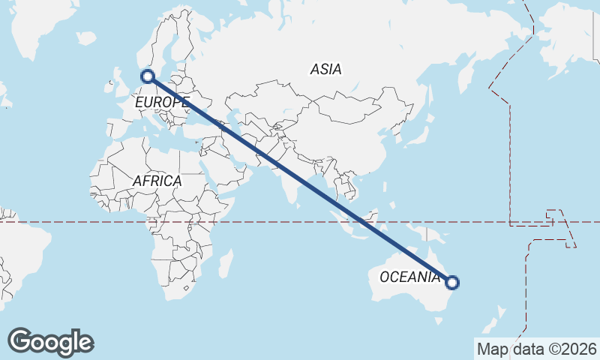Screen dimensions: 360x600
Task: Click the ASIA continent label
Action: tap(325, 69)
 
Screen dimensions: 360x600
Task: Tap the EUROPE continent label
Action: tap(162, 101)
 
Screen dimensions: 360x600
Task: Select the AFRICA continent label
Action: tap(157, 181)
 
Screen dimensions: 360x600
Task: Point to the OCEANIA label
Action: tap(409, 277)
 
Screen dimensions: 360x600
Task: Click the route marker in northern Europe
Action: tap(148, 76)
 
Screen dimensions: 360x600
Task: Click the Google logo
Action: tap(50, 342)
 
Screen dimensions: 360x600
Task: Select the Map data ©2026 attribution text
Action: tap(536, 349)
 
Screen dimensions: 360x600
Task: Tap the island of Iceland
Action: tap(86, 37)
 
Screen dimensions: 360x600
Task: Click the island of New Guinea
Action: tap(430, 235)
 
